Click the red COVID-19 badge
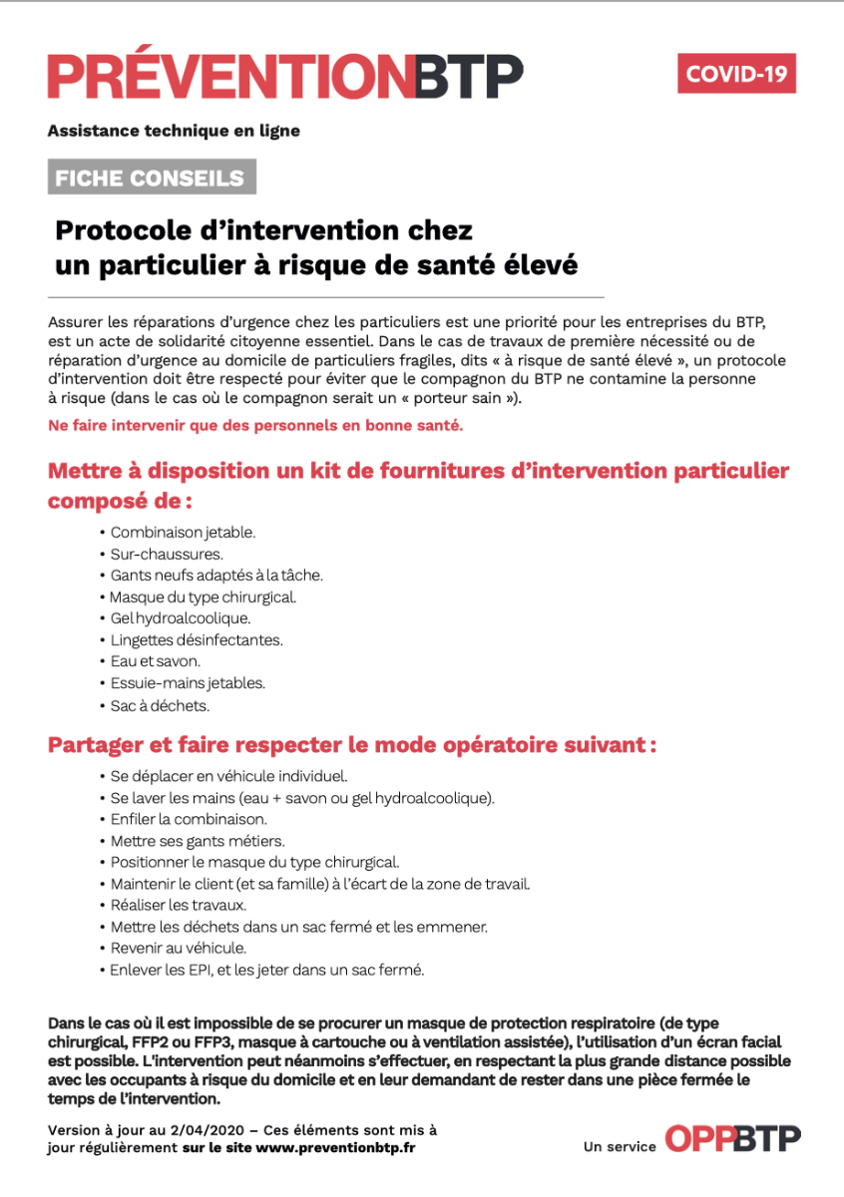point(736,74)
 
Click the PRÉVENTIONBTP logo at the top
point(285,78)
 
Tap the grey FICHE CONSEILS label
point(151,179)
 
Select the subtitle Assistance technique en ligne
point(174,131)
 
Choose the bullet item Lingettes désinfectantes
point(196,640)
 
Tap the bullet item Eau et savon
point(155,661)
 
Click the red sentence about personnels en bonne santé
point(255,426)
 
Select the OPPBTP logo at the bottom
point(732,1139)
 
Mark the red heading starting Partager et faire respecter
point(352,745)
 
